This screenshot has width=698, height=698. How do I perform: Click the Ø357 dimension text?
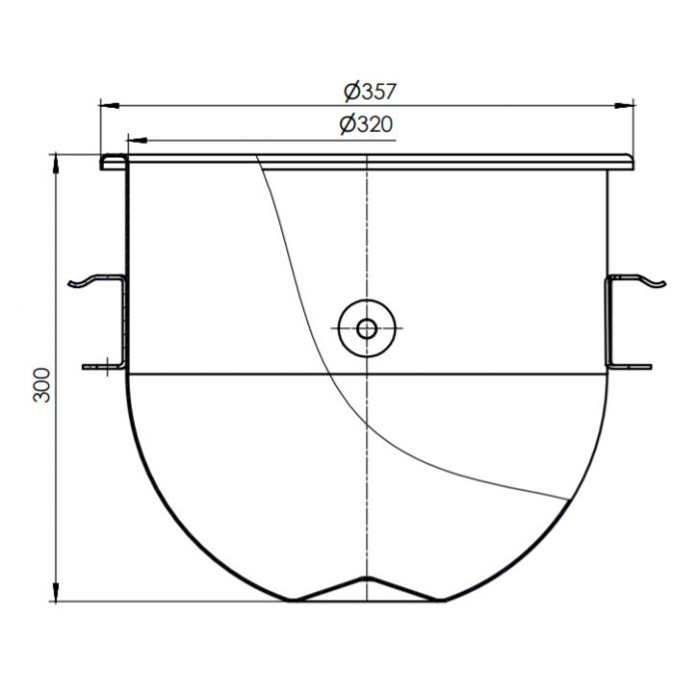(x=370, y=92)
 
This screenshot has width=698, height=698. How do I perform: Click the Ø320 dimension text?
(x=364, y=125)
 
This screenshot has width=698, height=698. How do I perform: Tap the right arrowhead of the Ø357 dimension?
(x=630, y=103)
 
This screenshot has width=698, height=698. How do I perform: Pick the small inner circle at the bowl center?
(x=368, y=327)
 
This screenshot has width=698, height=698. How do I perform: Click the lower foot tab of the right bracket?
(x=639, y=366)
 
